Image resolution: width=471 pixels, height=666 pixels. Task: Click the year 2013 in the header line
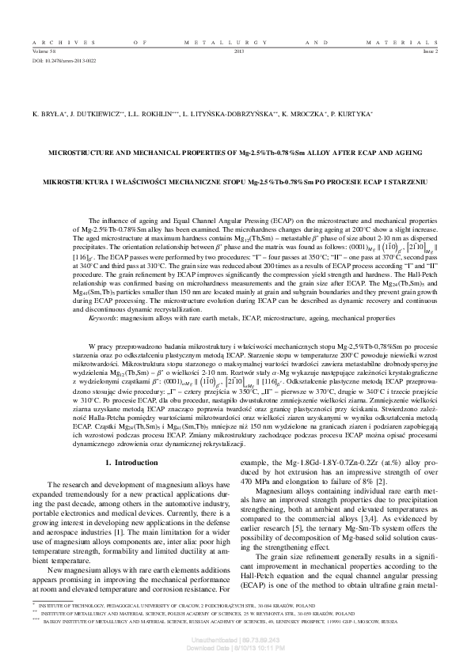coord(240,49)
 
